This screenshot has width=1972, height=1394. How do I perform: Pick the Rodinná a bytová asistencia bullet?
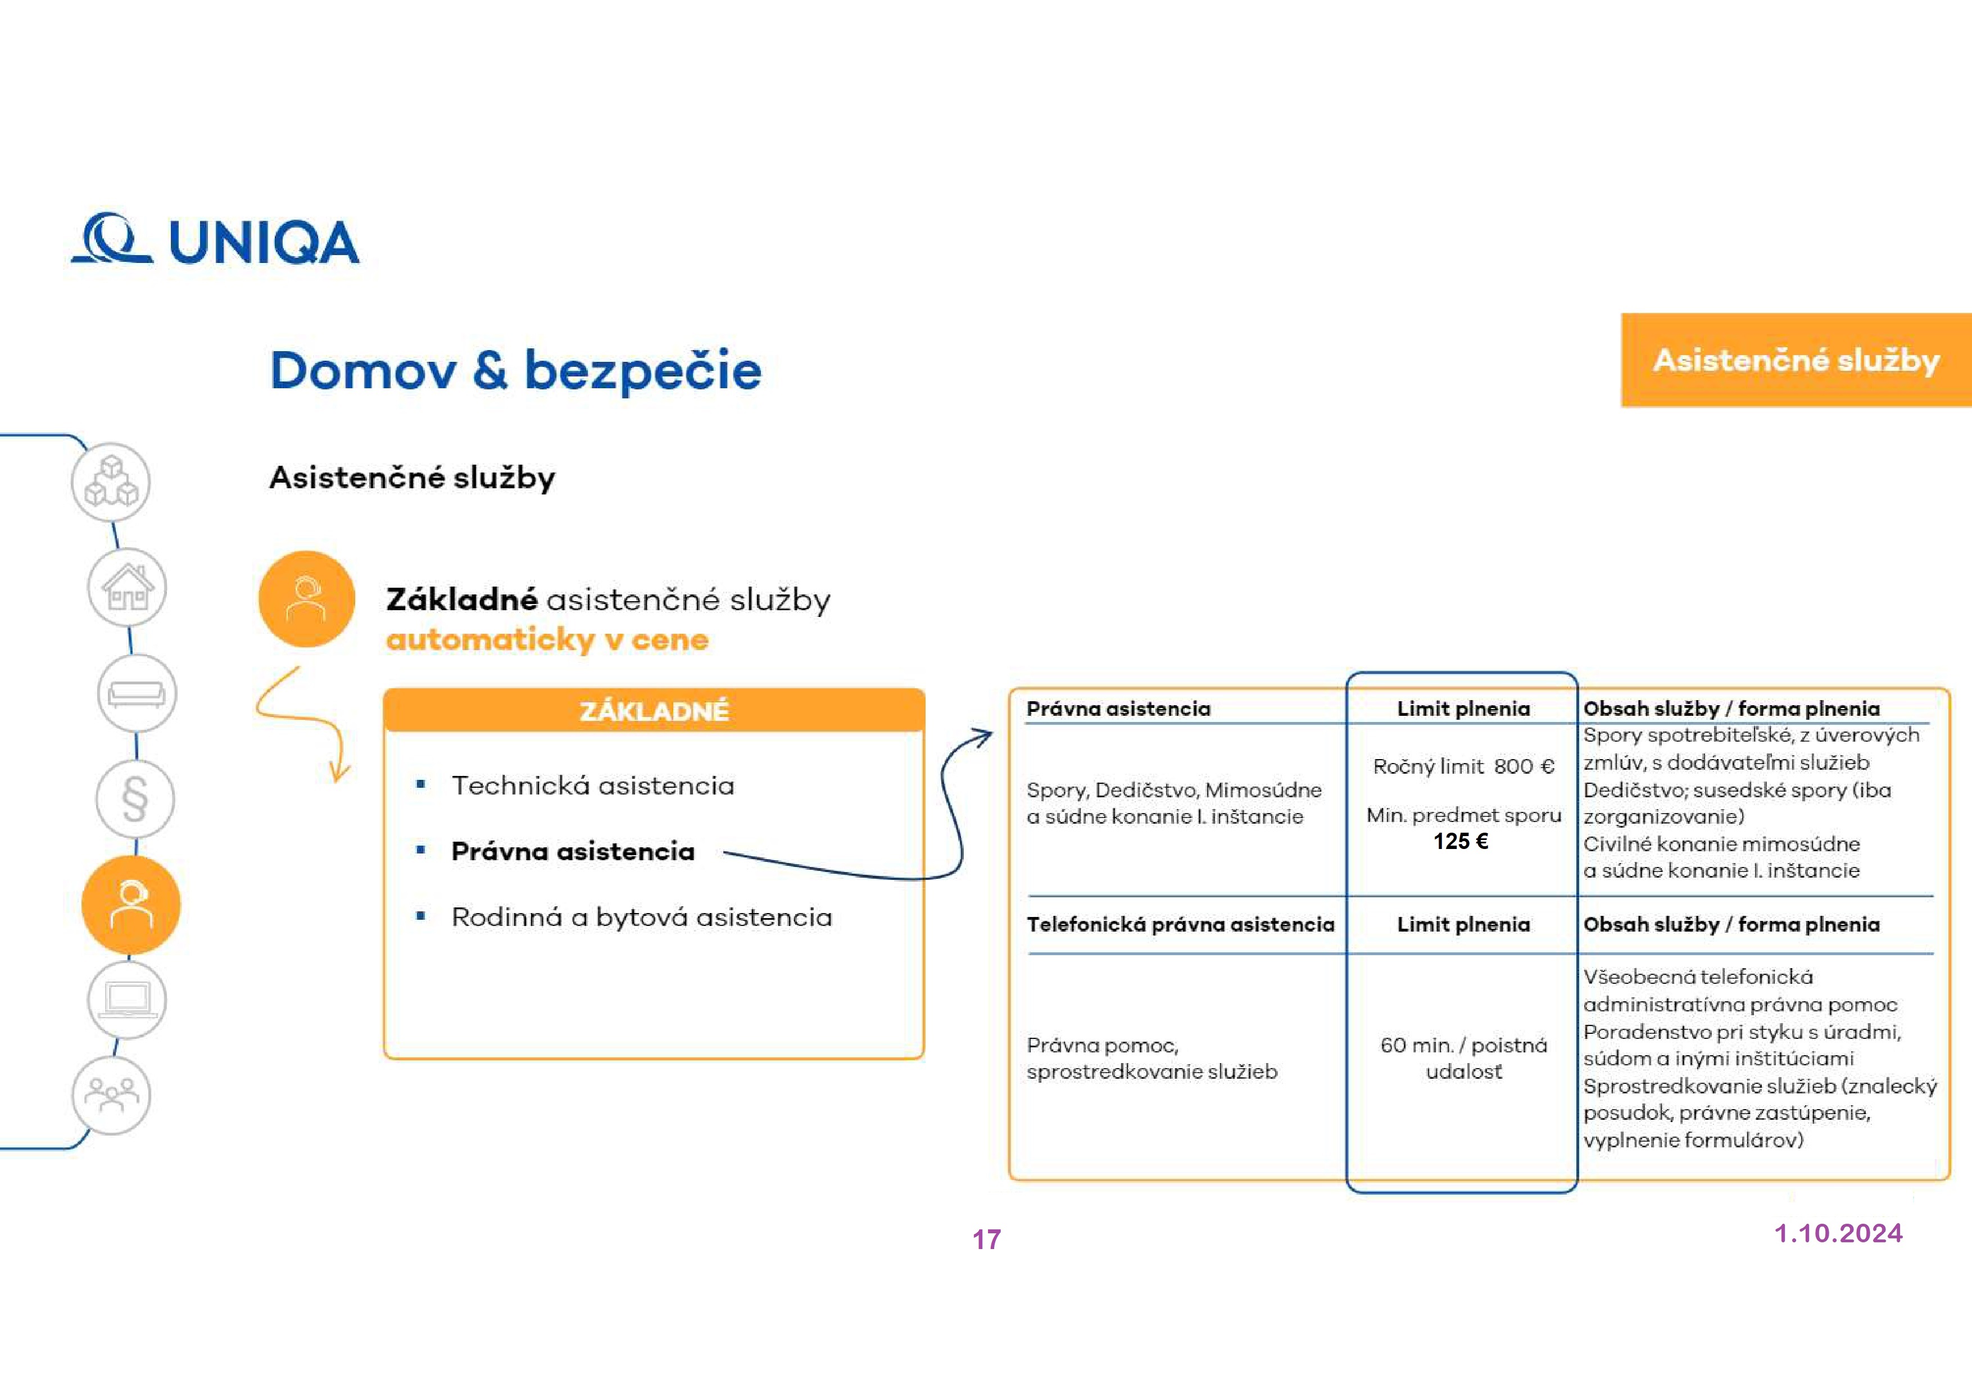tap(642, 918)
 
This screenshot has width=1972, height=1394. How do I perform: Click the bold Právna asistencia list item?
tap(573, 851)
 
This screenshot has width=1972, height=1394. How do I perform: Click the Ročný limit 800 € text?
tap(1463, 766)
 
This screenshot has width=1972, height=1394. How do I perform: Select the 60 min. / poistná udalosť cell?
tap(1463, 1058)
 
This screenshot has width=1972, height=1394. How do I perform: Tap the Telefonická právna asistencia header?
tap(1180, 924)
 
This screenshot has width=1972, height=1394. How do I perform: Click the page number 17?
tap(986, 1239)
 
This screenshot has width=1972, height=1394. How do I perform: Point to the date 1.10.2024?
tap(1838, 1233)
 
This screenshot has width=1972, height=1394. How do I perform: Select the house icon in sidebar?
tap(127, 588)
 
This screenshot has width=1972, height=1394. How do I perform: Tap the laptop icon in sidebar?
tap(127, 1000)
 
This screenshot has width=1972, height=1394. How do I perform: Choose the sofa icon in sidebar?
tap(137, 693)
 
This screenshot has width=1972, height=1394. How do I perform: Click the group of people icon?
tap(111, 1095)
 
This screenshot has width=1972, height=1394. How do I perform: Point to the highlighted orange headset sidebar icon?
tap(130, 905)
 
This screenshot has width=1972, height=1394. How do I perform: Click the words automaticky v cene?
tap(547, 640)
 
